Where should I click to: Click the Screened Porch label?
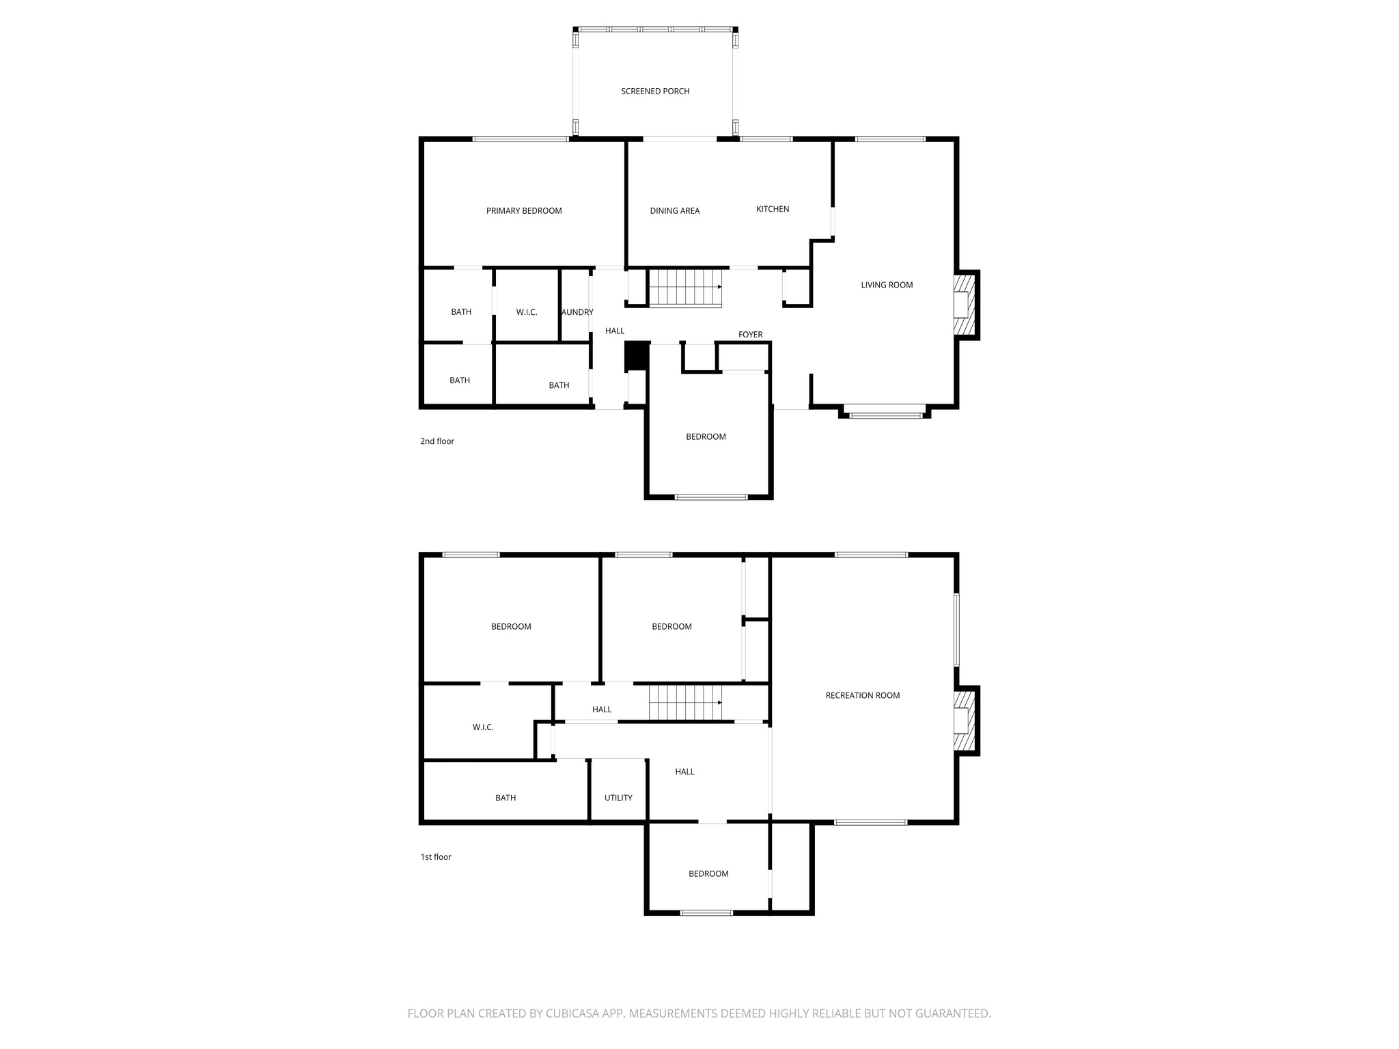click(655, 91)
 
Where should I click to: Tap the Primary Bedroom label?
click(524, 211)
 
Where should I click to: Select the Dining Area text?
click(675, 211)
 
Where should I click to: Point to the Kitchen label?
click(773, 209)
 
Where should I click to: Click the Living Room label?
click(887, 285)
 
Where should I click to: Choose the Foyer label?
click(750, 335)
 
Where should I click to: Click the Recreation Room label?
click(863, 695)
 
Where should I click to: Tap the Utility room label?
click(618, 798)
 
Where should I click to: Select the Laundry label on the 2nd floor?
click(577, 312)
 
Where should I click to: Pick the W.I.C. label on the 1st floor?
click(483, 727)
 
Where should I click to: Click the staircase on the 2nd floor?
click(684, 288)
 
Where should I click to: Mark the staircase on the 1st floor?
click(684, 703)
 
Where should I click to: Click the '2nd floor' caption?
click(437, 441)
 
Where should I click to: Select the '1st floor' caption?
click(436, 857)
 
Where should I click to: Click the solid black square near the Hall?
click(637, 356)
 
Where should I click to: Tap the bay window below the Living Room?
click(885, 411)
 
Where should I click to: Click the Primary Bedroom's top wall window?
click(521, 139)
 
